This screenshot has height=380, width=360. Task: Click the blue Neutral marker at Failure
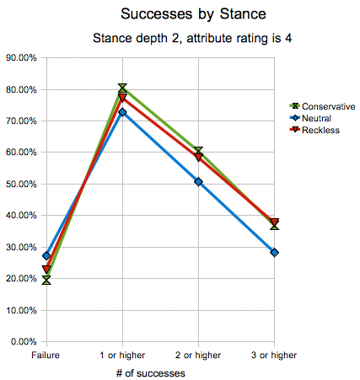[47, 255]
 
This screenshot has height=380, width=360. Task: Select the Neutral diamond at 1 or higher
[123, 112]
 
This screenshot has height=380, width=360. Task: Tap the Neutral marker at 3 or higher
[275, 252]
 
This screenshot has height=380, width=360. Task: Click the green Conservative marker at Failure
[47, 280]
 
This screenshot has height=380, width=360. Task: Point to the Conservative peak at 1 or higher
[123, 88]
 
